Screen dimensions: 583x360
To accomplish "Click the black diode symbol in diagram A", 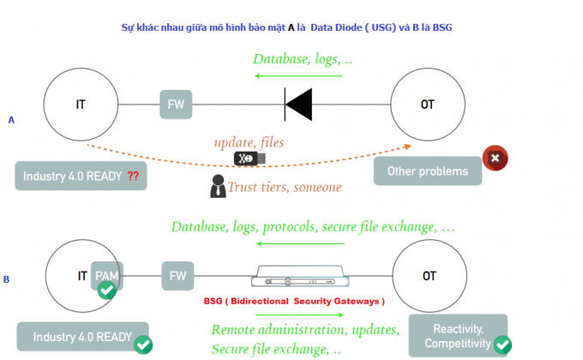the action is coord(298,105).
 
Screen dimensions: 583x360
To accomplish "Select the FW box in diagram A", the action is coord(176,105).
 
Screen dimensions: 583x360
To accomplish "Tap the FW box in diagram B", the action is coord(177,276).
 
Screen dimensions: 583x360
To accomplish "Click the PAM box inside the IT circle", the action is coord(107,276).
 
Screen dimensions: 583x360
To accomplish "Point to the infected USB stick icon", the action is coord(249,159).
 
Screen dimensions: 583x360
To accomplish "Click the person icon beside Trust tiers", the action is coord(218,186).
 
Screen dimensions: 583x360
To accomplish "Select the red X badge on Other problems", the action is coord(496,158).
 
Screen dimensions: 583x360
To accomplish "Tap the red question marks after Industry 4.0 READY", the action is coord(133,176).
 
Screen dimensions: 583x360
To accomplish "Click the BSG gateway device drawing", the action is coord(300,276).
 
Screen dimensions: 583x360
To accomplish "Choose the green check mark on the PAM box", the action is coord(106,290).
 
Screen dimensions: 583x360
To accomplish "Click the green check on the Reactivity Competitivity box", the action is coord(502,345).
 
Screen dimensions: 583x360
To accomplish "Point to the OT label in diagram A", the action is coord(428,105).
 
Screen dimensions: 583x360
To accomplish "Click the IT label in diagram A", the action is coord(81,105).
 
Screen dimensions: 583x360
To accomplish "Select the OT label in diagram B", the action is coord(430,276).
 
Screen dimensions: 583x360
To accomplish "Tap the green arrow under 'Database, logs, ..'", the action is coord(298,76).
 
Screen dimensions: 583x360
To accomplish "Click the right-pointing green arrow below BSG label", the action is coord(300,315).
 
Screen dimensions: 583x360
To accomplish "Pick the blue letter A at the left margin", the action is coord(11,120).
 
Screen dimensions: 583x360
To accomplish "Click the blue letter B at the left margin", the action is coord(6,279).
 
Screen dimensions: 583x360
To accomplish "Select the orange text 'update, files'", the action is coord(249,142).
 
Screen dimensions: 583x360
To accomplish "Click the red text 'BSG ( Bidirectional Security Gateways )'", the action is coord(294,301).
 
